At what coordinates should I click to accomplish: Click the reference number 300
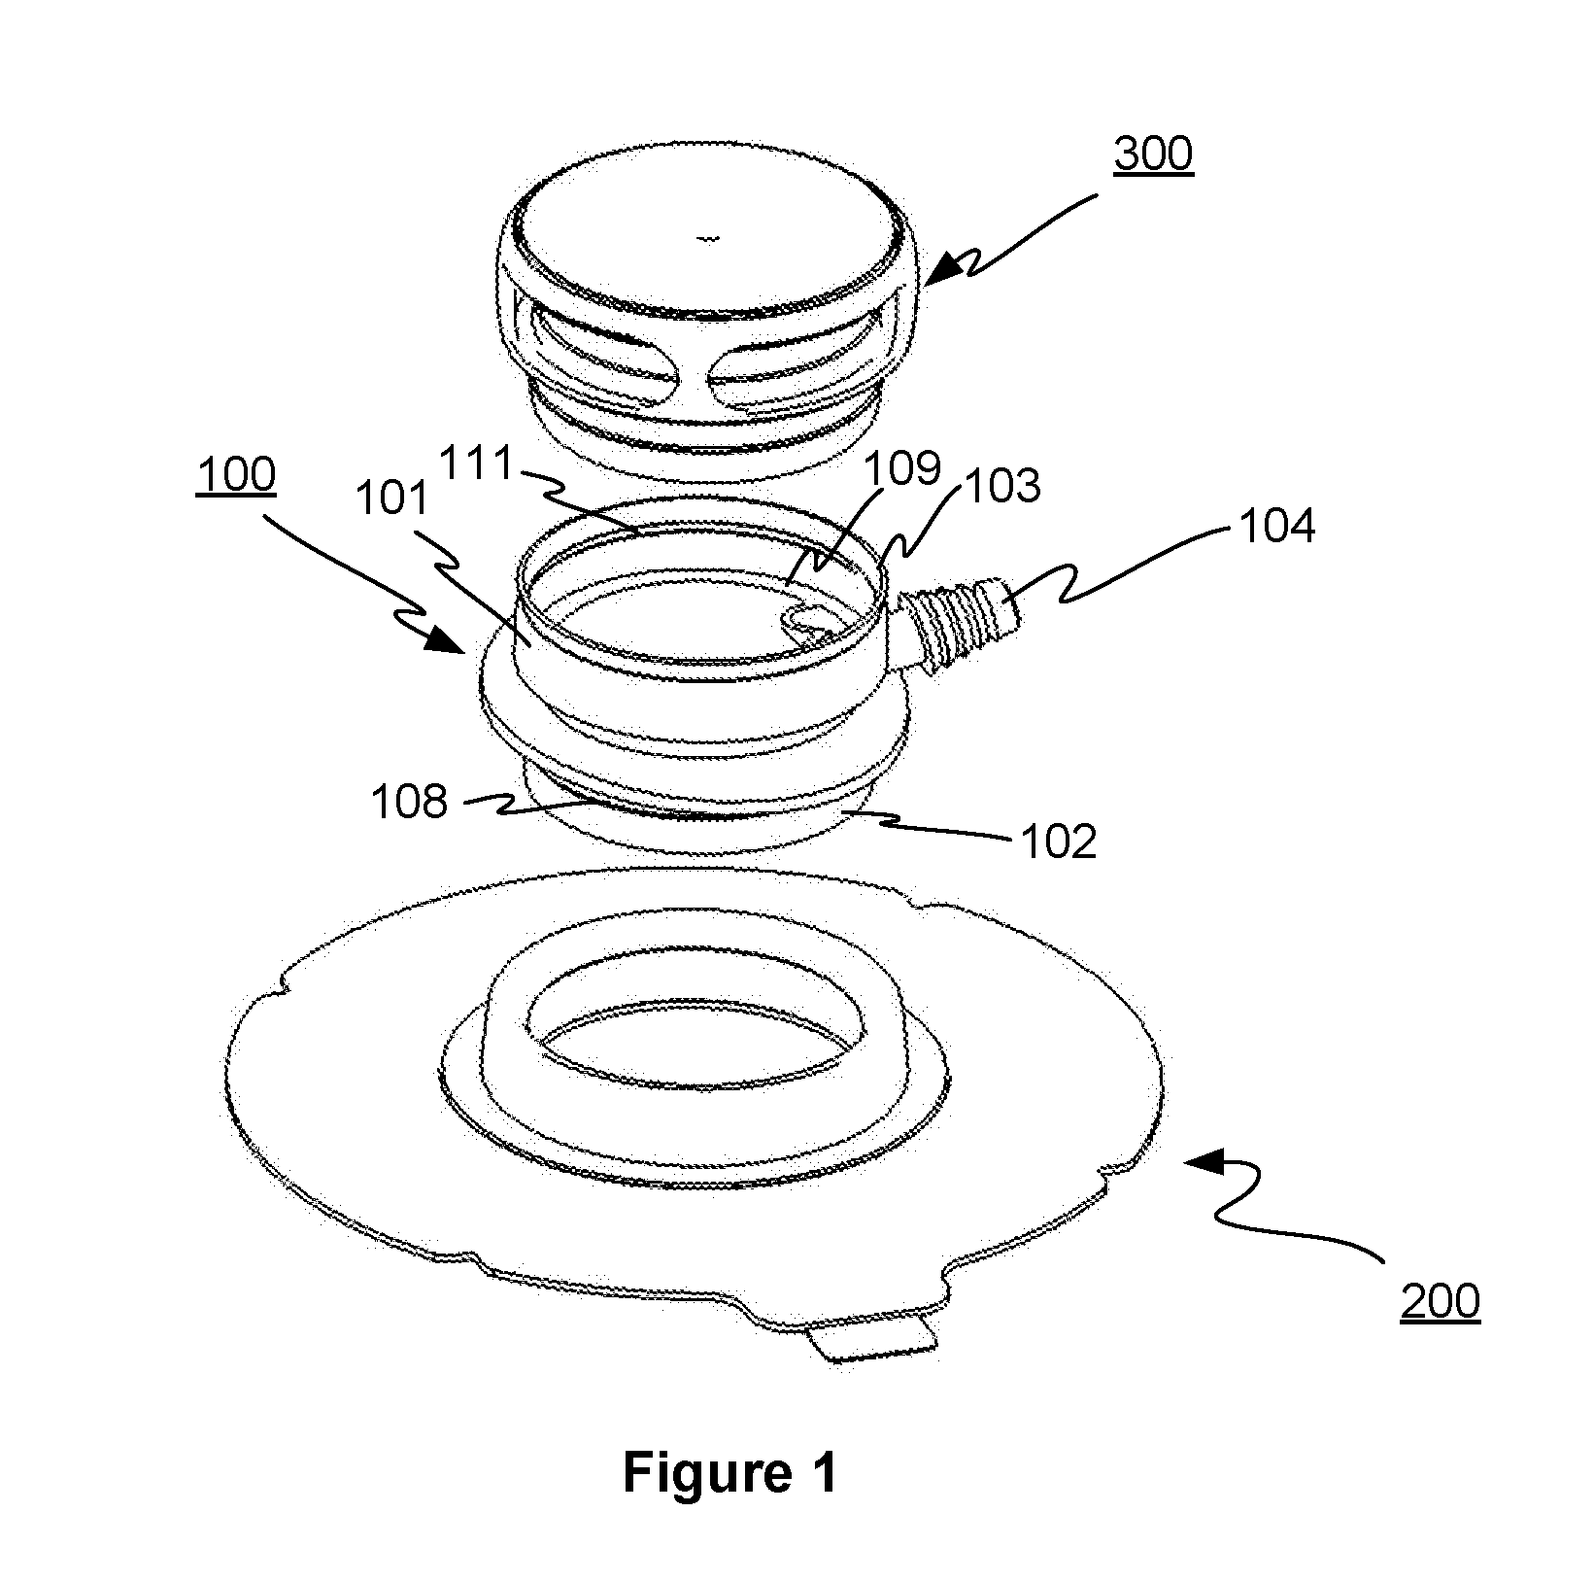1153,155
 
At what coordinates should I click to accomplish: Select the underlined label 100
235,476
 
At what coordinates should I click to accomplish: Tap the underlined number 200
1440,1300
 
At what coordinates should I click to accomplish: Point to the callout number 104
1275,526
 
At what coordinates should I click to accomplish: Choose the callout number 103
1001,485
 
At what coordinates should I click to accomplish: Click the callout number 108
409,803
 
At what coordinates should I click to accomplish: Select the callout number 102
1058,842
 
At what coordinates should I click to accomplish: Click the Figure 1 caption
729,1473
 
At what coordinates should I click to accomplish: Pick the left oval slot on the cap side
598,357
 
